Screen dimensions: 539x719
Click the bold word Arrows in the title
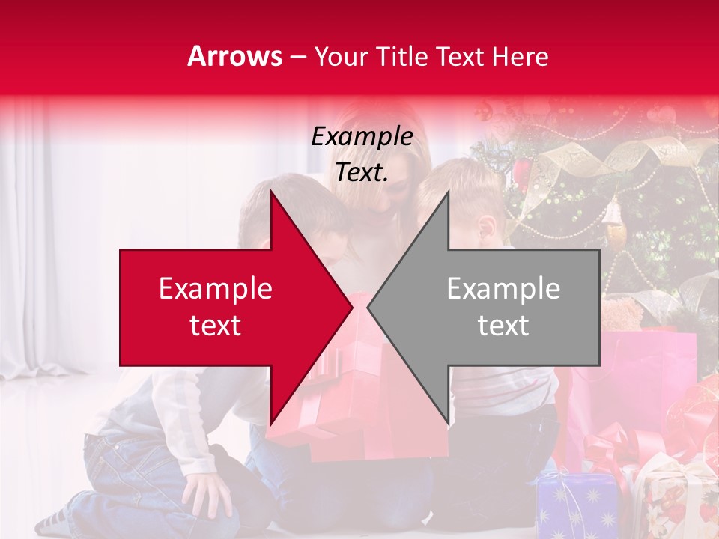(x=235, y=56)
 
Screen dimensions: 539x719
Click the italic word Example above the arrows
(x=362, y=136)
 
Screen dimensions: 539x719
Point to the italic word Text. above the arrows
(x=362, y=172)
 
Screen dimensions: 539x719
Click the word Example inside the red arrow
(x=216, y=288)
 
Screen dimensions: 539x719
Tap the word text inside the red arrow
(x=216, y=326)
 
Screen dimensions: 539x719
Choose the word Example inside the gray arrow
(x=503, y=288)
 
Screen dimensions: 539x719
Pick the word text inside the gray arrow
(x=503, y=326)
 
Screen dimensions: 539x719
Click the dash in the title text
(x=297, y=57)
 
